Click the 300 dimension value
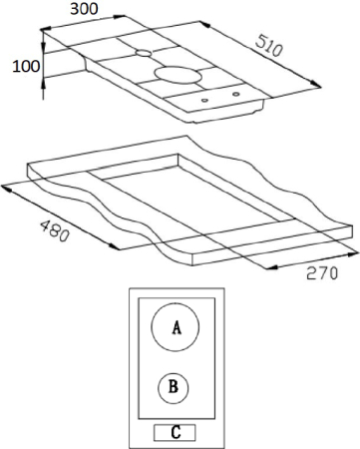click(84, 9)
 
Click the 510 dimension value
click(269, 45)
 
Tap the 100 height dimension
click(26, 67)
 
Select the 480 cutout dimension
click(55, 230)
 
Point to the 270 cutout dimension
click(322, 273)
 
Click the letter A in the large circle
click(177, 327)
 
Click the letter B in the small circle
click(174, 387)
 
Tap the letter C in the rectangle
click(176, 432)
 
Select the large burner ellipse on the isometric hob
click(179, 75)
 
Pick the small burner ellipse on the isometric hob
click(144, 53)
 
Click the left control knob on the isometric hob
click(205, 100)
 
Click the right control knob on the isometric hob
click(236, 94)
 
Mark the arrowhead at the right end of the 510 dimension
click(316, 85)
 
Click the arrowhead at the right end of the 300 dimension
click(120, 16)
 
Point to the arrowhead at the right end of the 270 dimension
click(353, 254)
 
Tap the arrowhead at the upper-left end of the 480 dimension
click(7, 189)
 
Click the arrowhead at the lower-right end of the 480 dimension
click(114, 246)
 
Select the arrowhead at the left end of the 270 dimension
click(272, 267)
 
